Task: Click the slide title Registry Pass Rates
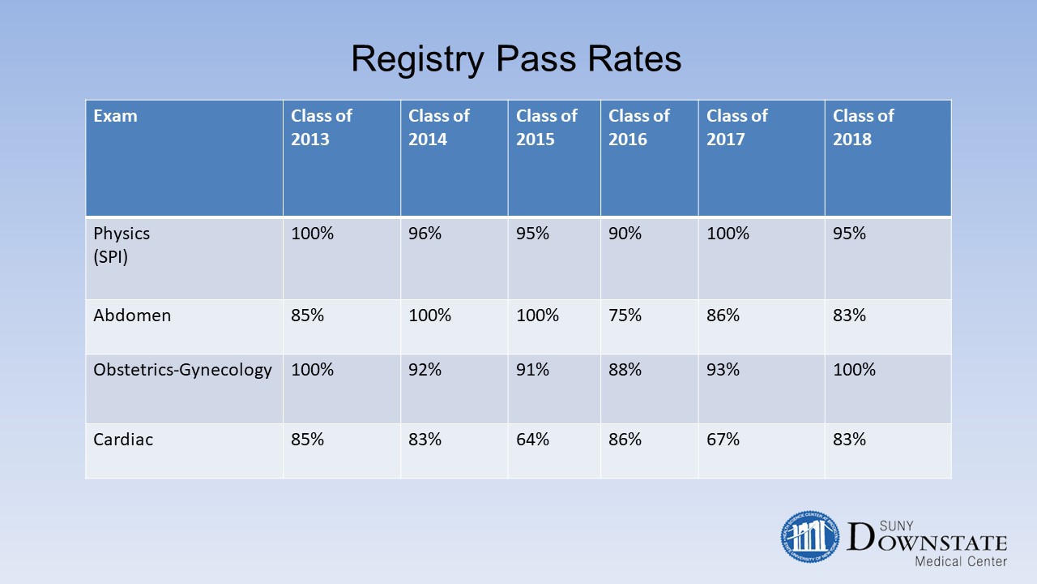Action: pos(516,59)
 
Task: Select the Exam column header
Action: pos(115,116)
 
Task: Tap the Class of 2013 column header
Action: pos(322,127)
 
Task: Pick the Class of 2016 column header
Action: pos(639,127)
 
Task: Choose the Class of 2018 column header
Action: pos(864,127)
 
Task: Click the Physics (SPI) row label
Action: pos(122,245)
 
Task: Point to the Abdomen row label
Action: pos(132,316)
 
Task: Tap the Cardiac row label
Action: pos(122,440)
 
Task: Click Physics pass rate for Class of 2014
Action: pos(425,233)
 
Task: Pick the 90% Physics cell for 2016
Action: pos(625,233)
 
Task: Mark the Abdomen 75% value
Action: pos(625,316)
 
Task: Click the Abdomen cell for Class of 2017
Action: pos(723,316)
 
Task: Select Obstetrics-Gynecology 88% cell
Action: pos(625,370)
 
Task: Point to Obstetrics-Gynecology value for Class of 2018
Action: pos(854,370)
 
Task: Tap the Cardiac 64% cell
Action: pos(532,440)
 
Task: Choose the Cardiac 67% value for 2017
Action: pos(723,440)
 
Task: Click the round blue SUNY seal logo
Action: pos(809,537)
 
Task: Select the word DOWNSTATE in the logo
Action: pos(927,538)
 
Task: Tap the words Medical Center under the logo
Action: pos(961,562)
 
